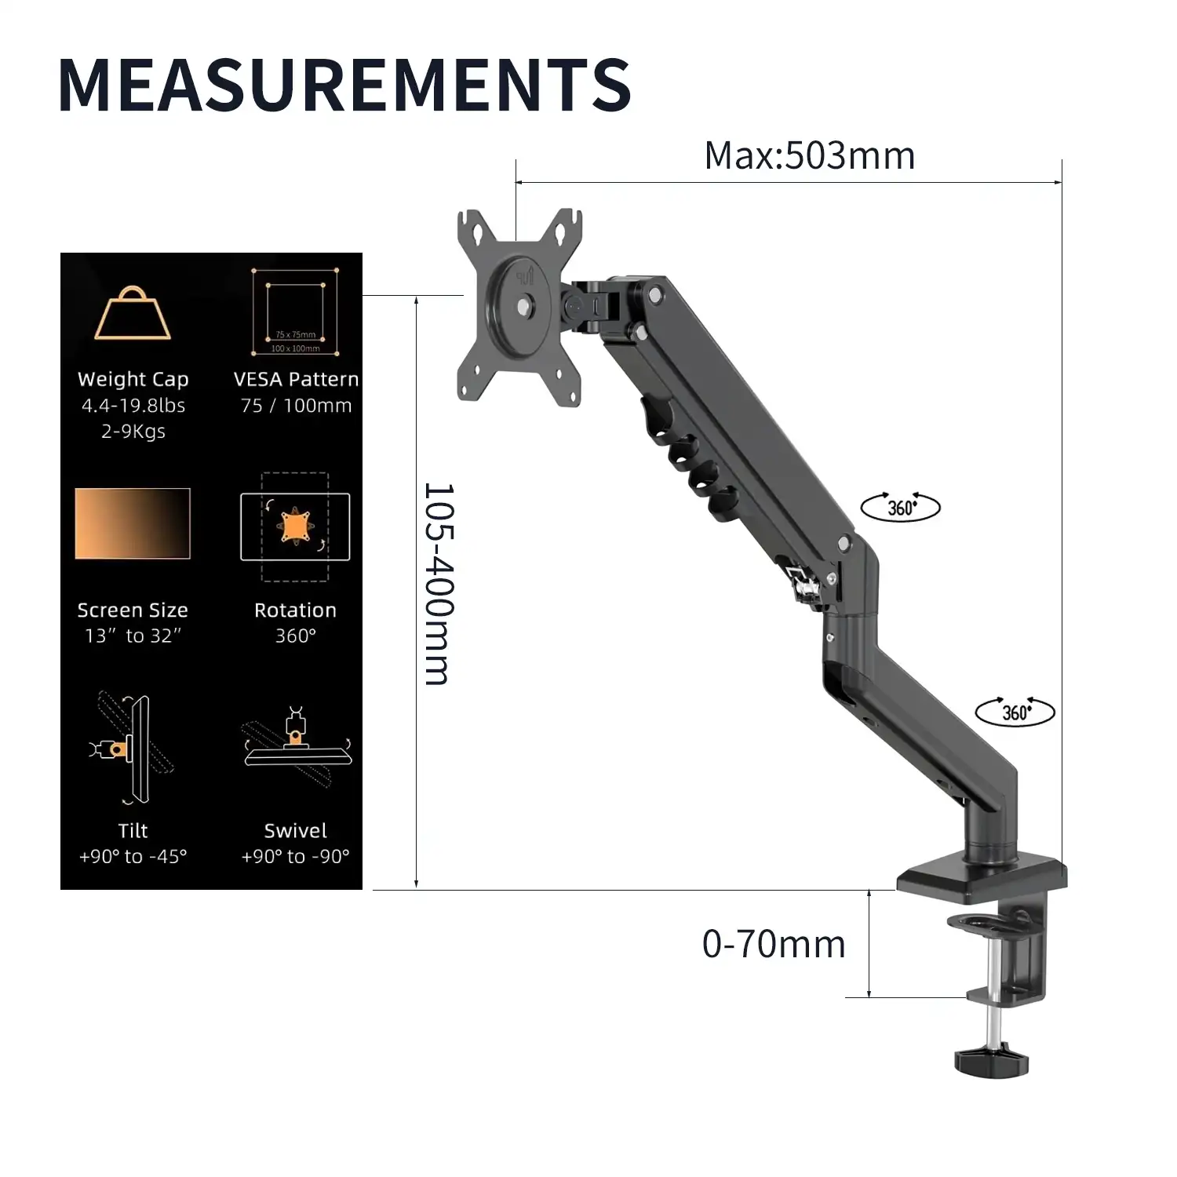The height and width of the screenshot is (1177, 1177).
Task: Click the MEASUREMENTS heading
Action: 344,84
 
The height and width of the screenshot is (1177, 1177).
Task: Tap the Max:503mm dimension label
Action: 810,155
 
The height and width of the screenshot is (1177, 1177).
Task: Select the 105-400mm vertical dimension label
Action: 438,584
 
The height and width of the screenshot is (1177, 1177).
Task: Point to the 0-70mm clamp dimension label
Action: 774,944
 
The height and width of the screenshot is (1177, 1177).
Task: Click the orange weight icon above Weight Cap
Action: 133,313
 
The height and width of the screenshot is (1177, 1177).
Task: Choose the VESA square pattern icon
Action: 296,311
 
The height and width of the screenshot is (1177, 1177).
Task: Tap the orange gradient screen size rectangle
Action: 133,523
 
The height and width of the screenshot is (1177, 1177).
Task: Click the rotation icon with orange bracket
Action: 295,527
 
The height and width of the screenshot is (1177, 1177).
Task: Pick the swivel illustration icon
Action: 297,746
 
